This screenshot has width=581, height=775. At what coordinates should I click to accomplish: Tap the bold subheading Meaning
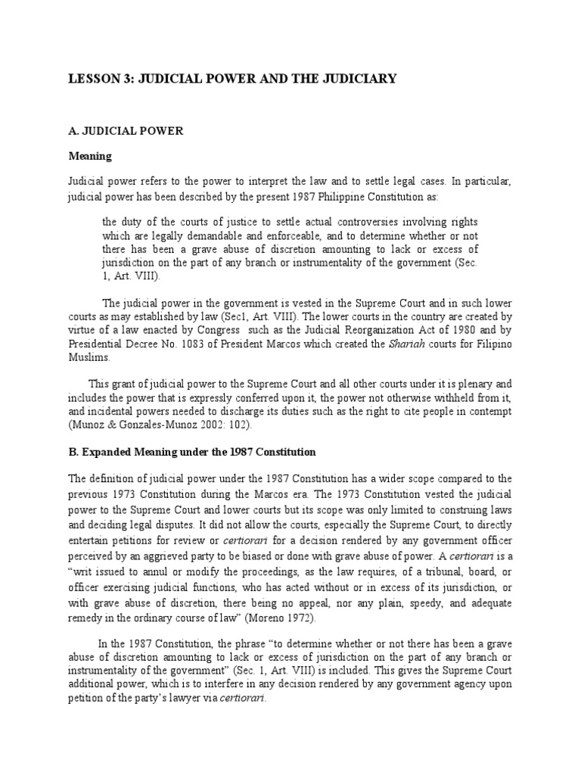(89, 156)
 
